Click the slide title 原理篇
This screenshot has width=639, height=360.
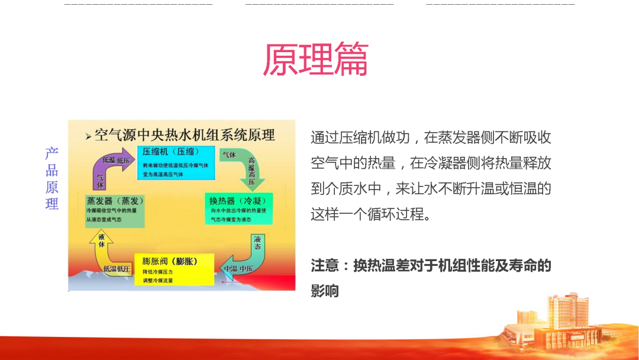click(x=315, y=59)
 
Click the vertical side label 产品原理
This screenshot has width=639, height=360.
click(x=52, y=179)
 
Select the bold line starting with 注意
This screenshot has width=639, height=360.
click(x=431, y=266)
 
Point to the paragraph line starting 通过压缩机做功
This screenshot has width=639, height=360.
click(x=431, y=138)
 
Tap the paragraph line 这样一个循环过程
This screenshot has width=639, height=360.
click(x=368, y=214)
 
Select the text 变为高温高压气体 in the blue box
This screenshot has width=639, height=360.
click(x=165, y=175)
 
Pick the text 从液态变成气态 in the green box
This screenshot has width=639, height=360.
click(x=104, y=220)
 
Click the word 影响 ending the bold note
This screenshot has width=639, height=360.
click(x=325, y=291)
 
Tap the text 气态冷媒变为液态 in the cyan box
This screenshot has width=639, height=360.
click(x=231, y=219)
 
